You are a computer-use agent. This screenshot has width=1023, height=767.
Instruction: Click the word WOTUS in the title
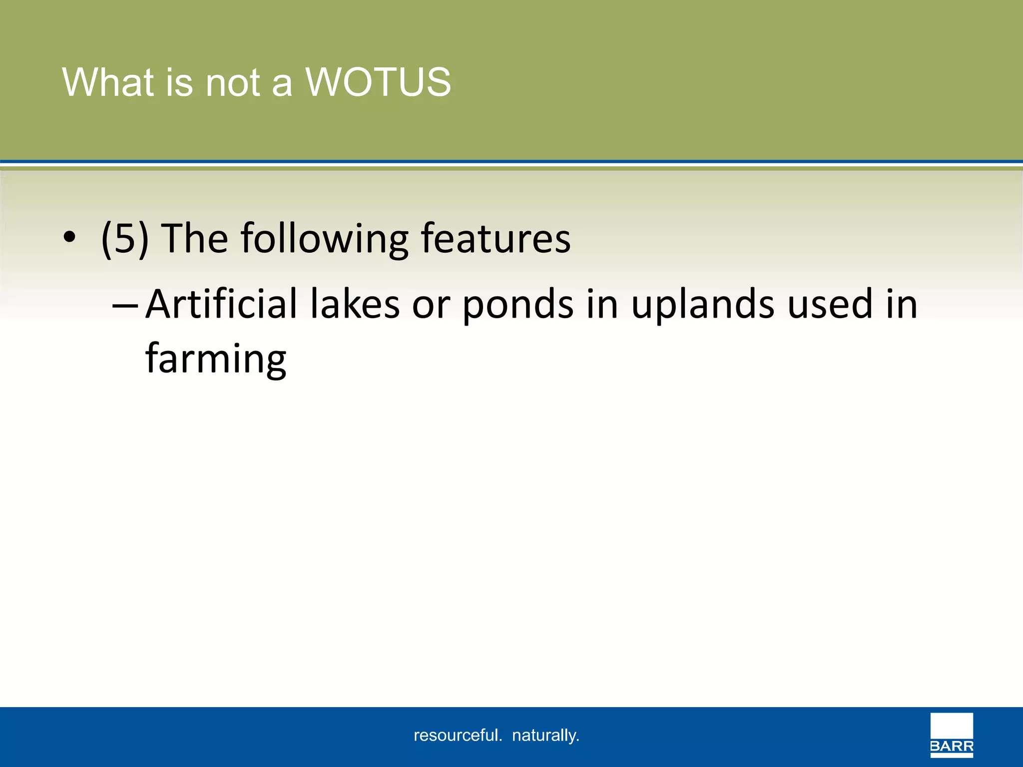[x=378, y=82]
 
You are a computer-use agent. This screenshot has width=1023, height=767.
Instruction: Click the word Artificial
[x=222, y=304]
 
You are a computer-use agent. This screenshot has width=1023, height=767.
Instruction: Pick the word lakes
[x=355, y=304]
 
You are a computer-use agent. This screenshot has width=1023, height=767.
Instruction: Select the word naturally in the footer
[x=545, y=736]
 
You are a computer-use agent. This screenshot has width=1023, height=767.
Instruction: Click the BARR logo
[x=951, y=735]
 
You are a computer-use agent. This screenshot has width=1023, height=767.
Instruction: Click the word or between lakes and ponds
[x=431, y=305]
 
